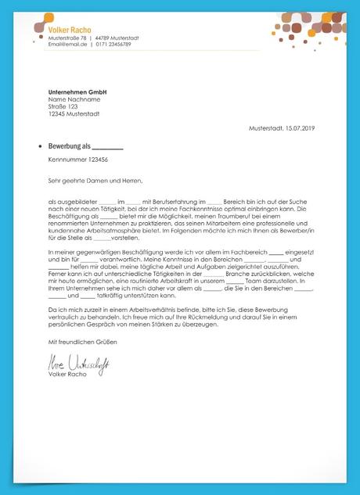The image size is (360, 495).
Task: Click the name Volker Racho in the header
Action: point(70,29)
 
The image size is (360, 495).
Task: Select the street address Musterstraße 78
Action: point(67,38)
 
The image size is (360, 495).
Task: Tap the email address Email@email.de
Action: point(65,44)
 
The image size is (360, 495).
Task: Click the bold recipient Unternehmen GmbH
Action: point(77,92)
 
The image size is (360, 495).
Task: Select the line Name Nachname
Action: point(74,99)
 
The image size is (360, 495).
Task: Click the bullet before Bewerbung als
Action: point(39,146)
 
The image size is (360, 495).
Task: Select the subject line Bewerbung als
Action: point(70,146)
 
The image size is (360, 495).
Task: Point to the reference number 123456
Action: point(94,159)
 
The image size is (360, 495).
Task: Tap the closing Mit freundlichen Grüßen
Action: point(85,343)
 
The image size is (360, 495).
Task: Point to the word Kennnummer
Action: point(64,159)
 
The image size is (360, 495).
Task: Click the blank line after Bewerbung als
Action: point(108,147)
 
